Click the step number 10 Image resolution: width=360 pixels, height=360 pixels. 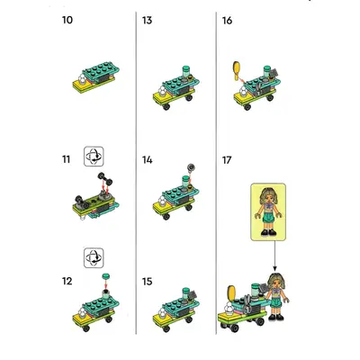tap(67, 20)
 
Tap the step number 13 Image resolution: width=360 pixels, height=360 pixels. tap(147, 21)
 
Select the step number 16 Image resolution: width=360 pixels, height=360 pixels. tap(227, 21)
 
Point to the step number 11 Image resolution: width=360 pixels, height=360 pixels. tap(66, 159)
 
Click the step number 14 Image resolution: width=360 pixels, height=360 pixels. tap(147, 160)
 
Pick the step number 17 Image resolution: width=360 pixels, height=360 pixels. tap(227, 160)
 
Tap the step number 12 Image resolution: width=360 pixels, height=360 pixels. tap(67, 281)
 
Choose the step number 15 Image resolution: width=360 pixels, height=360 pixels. tap(147, 282)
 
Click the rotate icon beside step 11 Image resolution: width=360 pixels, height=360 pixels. tap(94, 157)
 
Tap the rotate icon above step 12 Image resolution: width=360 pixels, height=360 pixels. tap(94, 257)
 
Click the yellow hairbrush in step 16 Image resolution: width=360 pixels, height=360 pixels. tap(237, 70)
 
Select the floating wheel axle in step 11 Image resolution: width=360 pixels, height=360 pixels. tap(104, 178)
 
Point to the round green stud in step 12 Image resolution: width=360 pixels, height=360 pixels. tap(105, 276)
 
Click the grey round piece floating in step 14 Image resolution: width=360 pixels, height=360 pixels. tap(191, 167)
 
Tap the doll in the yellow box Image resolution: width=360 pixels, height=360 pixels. tap(268, 211)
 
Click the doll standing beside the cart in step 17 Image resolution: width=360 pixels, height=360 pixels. tap(276, 296)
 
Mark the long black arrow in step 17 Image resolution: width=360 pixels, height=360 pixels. tap(274, 256)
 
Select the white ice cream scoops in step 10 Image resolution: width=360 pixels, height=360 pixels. tap(82, 79)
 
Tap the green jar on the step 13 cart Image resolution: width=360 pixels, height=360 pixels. tap(186, 72)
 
